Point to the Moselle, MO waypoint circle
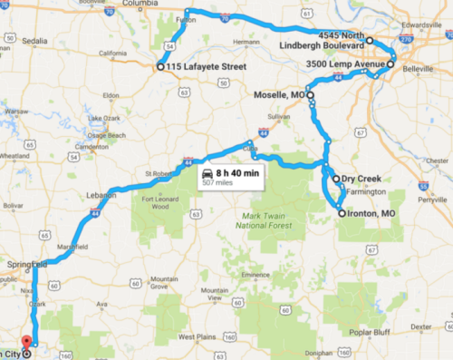pyautogui.click(x=310, y=94)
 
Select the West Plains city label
pyautogui.click(x=196, y=336)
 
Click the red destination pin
pyautogui.click(x=25, y=342)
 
